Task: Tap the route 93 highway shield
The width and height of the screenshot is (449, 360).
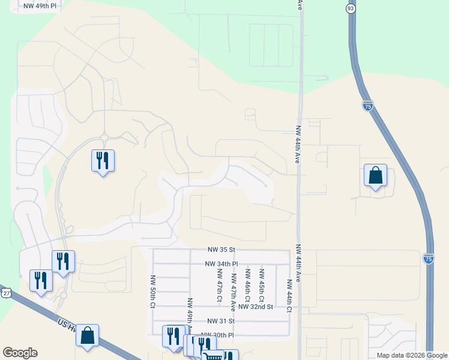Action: pyautogui.click(x=351, y=8)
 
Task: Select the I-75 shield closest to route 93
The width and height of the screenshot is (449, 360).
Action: pyautogui.click(x=368, y=106)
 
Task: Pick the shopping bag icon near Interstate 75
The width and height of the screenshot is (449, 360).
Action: pyautogui.click(x=375, y=175)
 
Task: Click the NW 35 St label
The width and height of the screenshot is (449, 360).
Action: pyautogui.click(x=222, y=249)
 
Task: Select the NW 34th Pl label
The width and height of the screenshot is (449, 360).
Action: pyautogui.click(x=221, y=263)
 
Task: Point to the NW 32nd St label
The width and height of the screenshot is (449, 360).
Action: pyautogui.click(x=256, y=307)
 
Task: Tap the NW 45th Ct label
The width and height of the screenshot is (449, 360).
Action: pyautogui.click(x=262, y=284)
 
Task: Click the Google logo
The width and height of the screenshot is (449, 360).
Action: pyautogui.click(x=20, y=353)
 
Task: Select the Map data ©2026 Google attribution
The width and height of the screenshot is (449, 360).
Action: pyautogui.click(x=411, y=355)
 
